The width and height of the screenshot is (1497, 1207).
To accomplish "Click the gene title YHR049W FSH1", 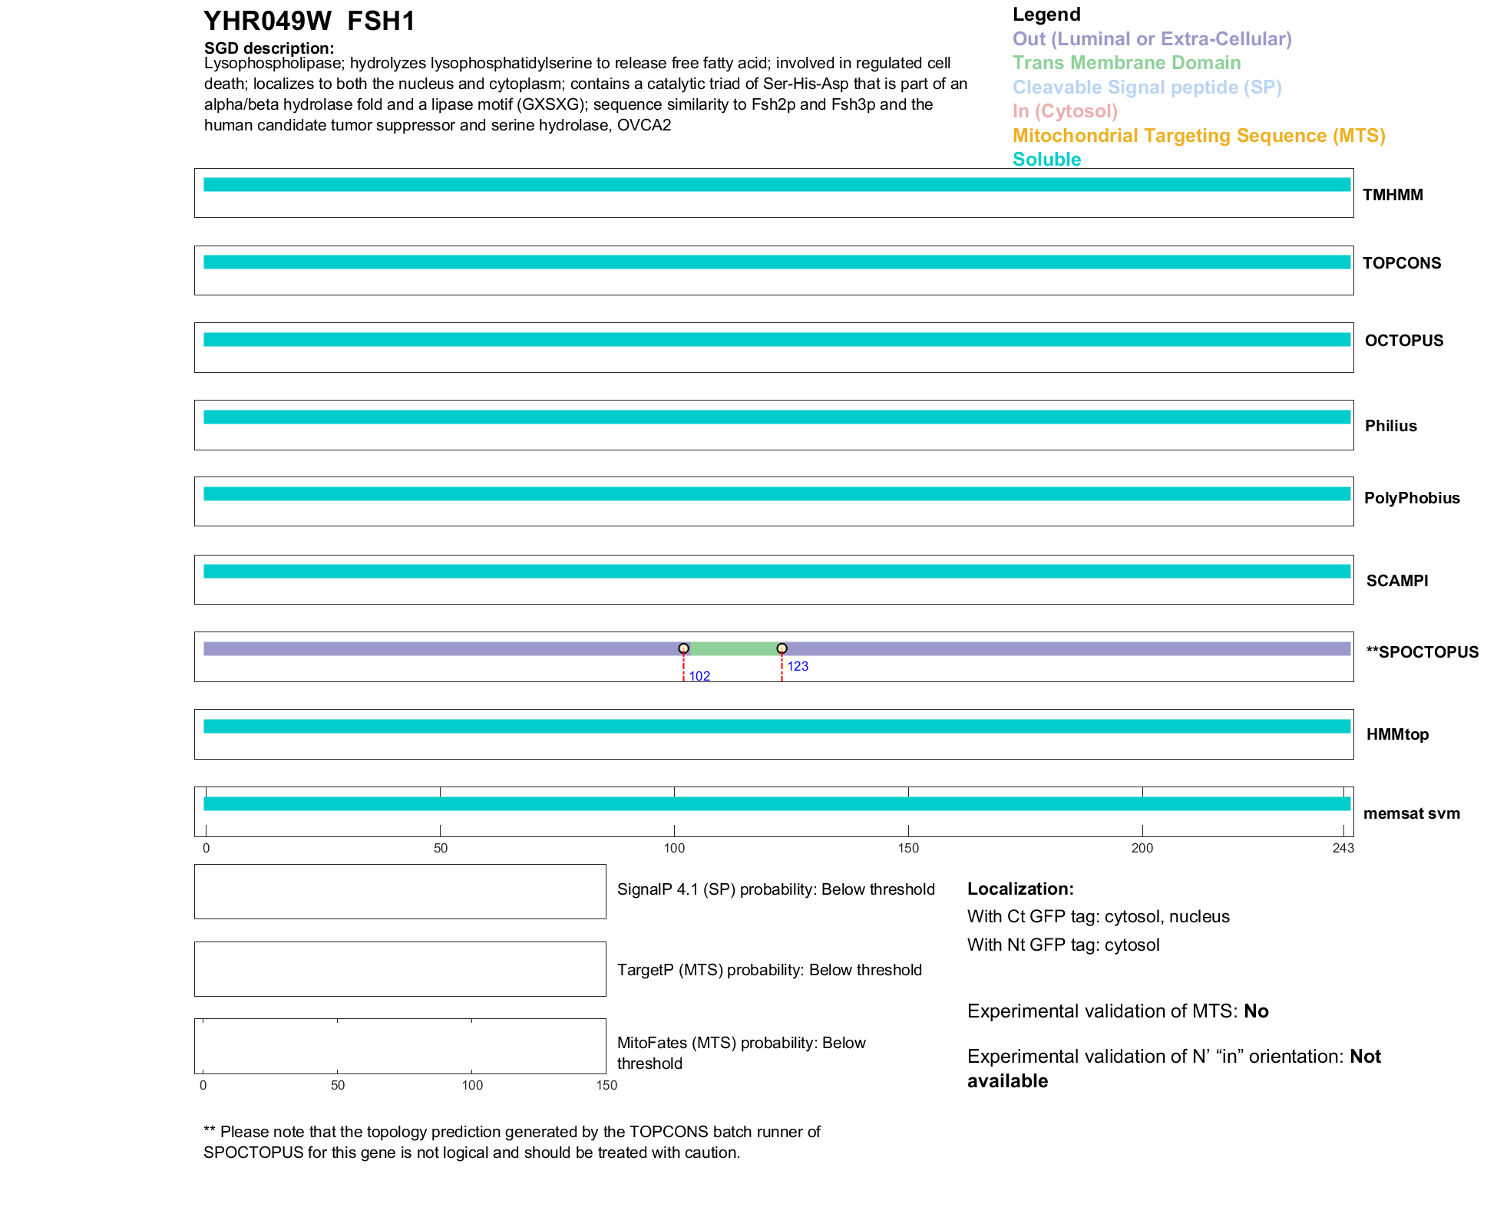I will [309, 21].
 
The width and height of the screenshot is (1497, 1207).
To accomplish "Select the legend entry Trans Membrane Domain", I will [1126, 63].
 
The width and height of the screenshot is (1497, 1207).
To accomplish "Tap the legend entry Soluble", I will [1046, 160].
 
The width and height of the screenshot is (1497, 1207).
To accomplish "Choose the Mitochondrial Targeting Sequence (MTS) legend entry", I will [1198, 136].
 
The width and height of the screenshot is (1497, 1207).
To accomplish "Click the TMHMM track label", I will [1392, 195].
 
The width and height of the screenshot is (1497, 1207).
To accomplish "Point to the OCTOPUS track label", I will [1403, 341].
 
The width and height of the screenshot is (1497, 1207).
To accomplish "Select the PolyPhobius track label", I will [1411, 498].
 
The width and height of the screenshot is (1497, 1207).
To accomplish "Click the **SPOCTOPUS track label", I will [1422, 652].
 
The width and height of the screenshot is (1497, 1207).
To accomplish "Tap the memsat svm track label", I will [1411, 813].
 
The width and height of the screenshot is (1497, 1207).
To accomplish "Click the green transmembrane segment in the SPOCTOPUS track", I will [733, 649].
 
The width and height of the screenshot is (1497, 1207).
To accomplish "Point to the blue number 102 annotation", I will [699, 676].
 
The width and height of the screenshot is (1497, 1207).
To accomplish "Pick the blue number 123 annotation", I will [798, 666].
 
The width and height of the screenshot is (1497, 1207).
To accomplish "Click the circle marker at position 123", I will [782, 648].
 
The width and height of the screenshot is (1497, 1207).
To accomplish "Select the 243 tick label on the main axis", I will [1343, 848].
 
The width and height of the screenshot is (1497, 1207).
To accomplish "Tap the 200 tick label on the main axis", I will [1142, 848].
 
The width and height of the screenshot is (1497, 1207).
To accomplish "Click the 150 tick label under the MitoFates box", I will [606, 1085].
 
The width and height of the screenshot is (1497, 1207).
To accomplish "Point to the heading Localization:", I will [1019, 889].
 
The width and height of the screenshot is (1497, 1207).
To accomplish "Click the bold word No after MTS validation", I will [1256, 1011].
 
